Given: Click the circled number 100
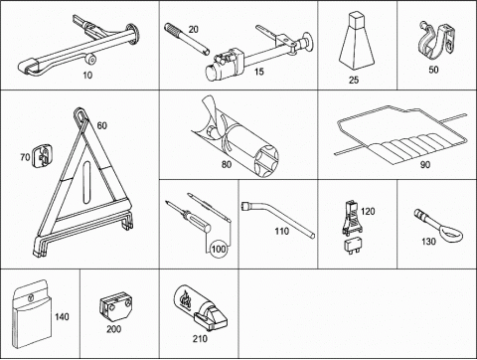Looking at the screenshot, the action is coord(219,249).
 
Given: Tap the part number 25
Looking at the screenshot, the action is coord(354,80).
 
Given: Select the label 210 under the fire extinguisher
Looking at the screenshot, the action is coord(200,338).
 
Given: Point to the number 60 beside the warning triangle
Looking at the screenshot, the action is coord(102,125).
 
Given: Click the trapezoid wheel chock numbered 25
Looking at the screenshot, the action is coord(357,42).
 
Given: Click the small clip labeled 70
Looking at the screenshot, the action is coord(42,156).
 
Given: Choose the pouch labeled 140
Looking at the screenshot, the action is coord(32,313).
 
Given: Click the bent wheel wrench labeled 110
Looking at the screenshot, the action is coord(277,218).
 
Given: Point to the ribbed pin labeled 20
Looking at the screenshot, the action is coord(187,38).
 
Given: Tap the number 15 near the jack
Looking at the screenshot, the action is coord(259,72).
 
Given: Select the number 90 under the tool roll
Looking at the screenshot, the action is coord(425,165).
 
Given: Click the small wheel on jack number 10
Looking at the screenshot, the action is coord(91,60).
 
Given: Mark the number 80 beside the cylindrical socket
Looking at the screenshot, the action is coord(227,164).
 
